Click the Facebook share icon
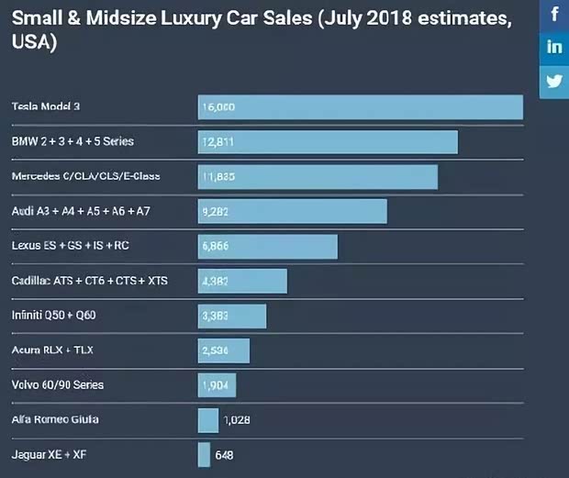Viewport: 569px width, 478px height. (x=554, y=15)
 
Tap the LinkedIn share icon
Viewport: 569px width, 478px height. (x=554, y=48)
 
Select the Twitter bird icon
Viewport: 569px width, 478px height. (x=554, y=81)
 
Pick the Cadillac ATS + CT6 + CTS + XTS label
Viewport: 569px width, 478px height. (x=90, y=281)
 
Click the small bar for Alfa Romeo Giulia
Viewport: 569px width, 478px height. (x=207, y=420)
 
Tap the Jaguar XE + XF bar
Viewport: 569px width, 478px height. (x=204, y=455)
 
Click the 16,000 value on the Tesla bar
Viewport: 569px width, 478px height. (x=218, y=107)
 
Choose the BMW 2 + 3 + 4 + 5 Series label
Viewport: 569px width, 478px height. (x=73, y=142)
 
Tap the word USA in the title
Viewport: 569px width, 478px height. (x=30, y=43)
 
